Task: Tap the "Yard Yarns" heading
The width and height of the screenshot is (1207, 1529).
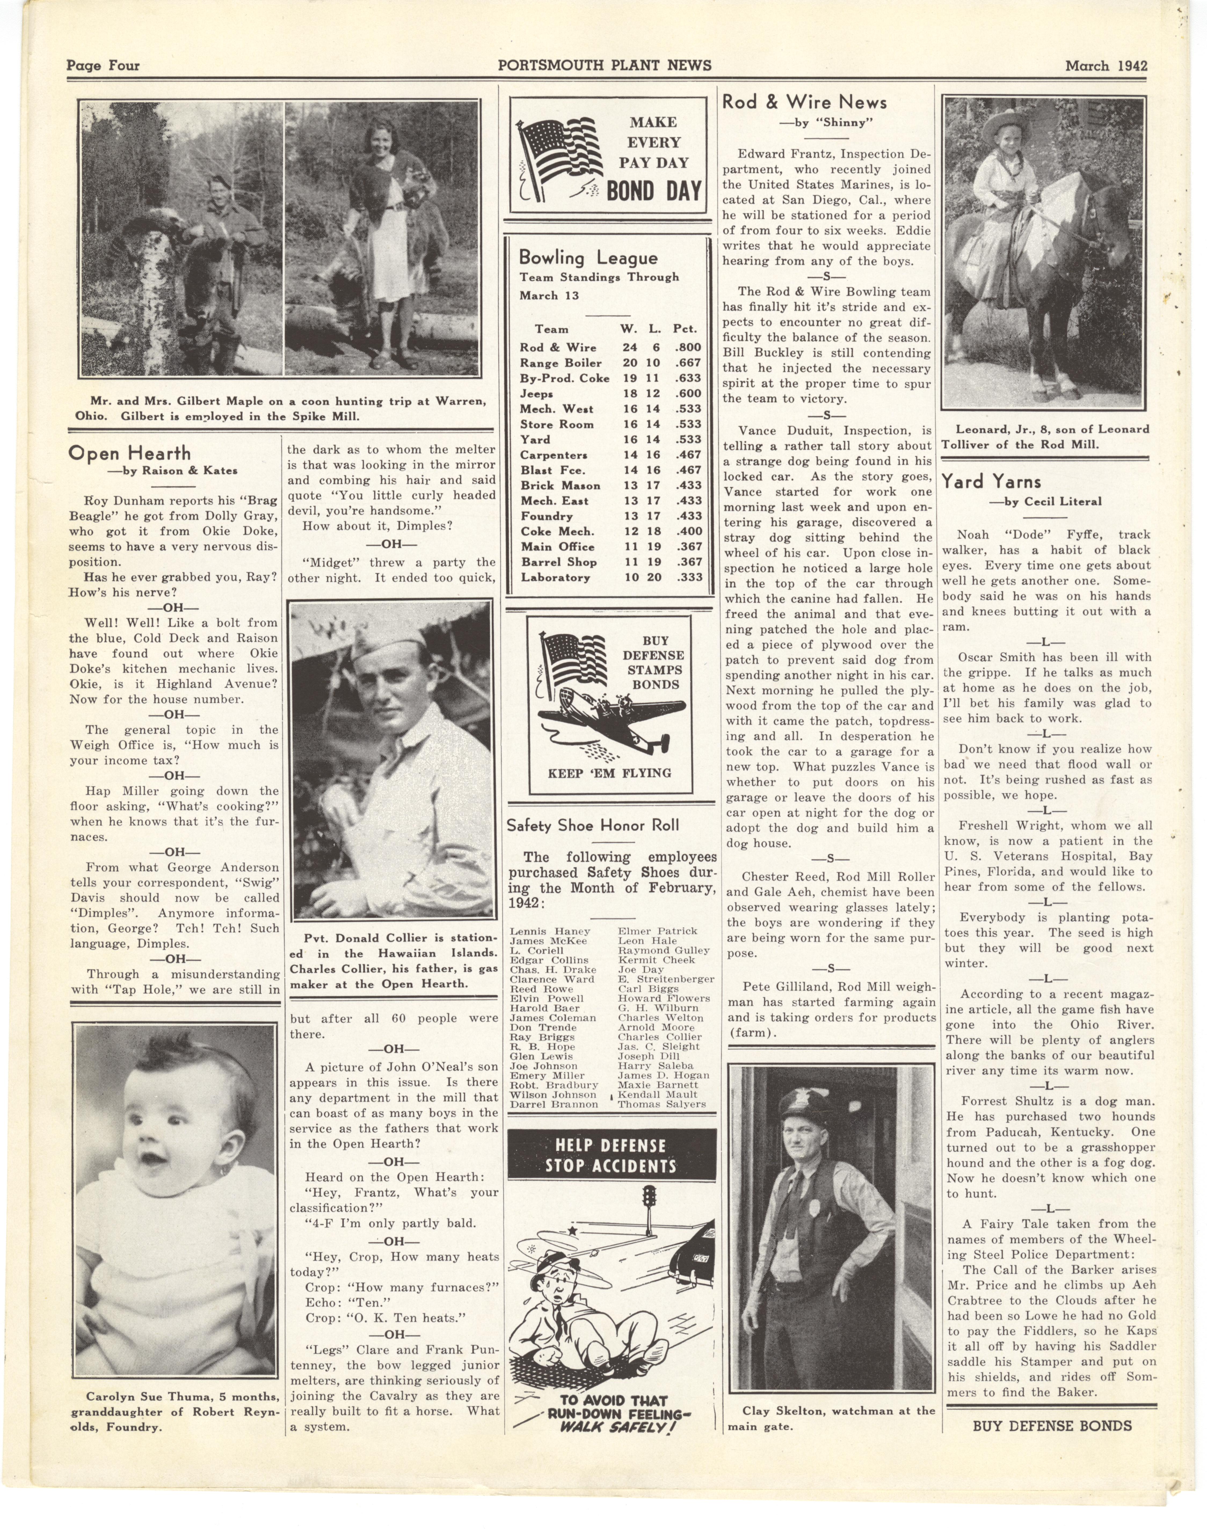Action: (991, 482)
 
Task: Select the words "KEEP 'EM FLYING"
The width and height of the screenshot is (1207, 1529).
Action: (609, 773)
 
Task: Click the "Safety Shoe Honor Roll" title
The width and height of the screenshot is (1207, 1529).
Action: (592, 825)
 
